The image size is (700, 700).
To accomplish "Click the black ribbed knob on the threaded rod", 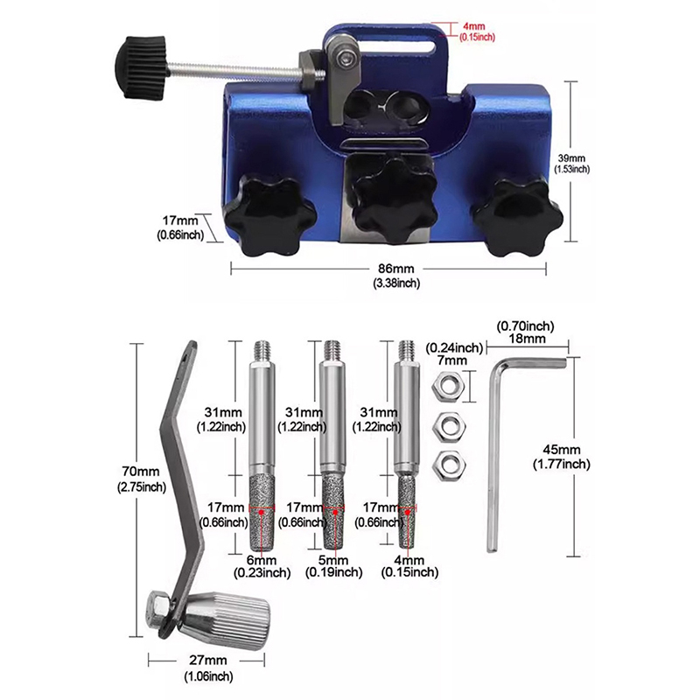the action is pos(142,68).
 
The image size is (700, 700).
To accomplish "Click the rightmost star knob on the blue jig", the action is pos(518,217).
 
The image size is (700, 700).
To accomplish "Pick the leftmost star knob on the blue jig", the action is pos(269,215).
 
